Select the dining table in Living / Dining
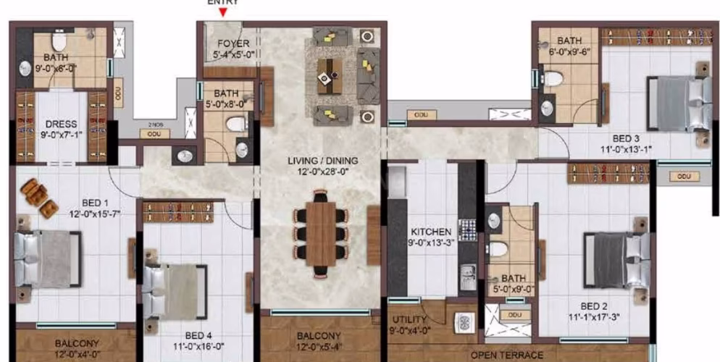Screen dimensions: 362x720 (320, 232)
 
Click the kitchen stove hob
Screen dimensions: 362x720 (467, 231)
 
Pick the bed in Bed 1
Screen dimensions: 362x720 (48, 258)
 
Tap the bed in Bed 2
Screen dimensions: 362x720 (615, 259)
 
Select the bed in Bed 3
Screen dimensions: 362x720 (677, 104)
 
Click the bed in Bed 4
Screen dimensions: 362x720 (172, 289)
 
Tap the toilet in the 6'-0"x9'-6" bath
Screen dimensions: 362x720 (552, 77)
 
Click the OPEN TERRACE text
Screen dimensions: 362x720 (506, 355)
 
